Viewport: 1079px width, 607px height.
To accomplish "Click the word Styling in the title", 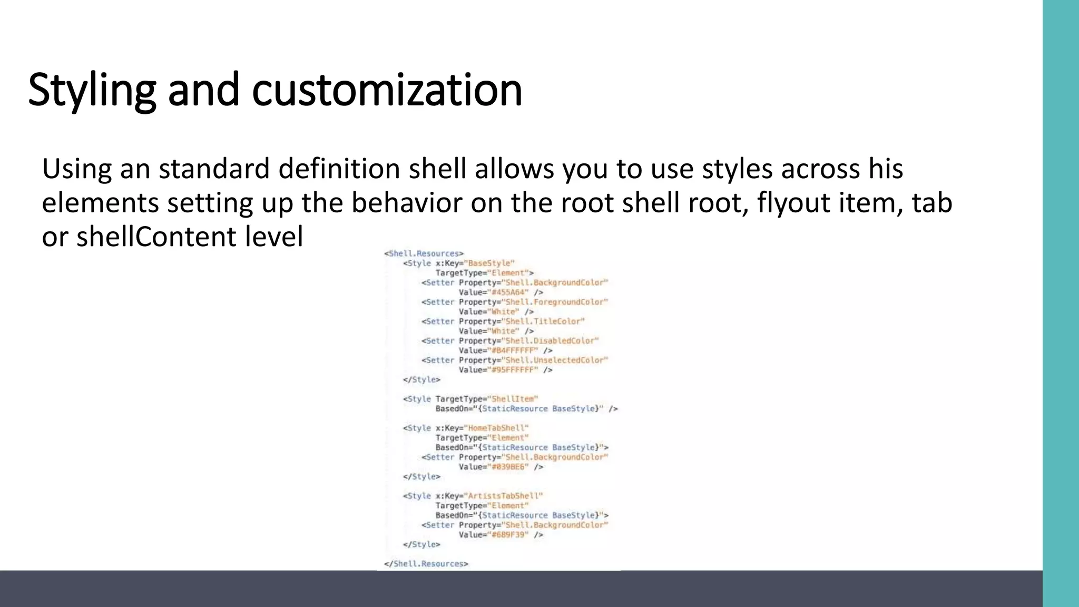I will click(92, 90).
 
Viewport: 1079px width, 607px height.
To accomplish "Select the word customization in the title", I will click(387, 90).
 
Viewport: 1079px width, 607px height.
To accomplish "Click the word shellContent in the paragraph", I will click(156, 237).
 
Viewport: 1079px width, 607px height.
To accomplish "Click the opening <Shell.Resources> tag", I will click(424, 253).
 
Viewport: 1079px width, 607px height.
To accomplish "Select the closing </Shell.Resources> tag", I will click(426, 564).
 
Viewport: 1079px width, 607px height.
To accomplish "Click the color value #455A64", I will click(509, 292).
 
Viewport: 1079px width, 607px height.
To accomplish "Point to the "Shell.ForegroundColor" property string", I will click(556, 302).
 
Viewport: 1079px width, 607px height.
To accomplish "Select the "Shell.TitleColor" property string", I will click(545, 321).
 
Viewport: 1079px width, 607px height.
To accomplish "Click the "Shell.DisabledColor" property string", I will click(552, 341).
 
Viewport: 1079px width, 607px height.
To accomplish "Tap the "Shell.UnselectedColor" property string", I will click(556, 360).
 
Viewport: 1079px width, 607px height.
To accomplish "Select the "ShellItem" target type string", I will click(513, 399).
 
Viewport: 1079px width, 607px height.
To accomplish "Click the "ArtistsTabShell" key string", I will click(503, 496).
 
